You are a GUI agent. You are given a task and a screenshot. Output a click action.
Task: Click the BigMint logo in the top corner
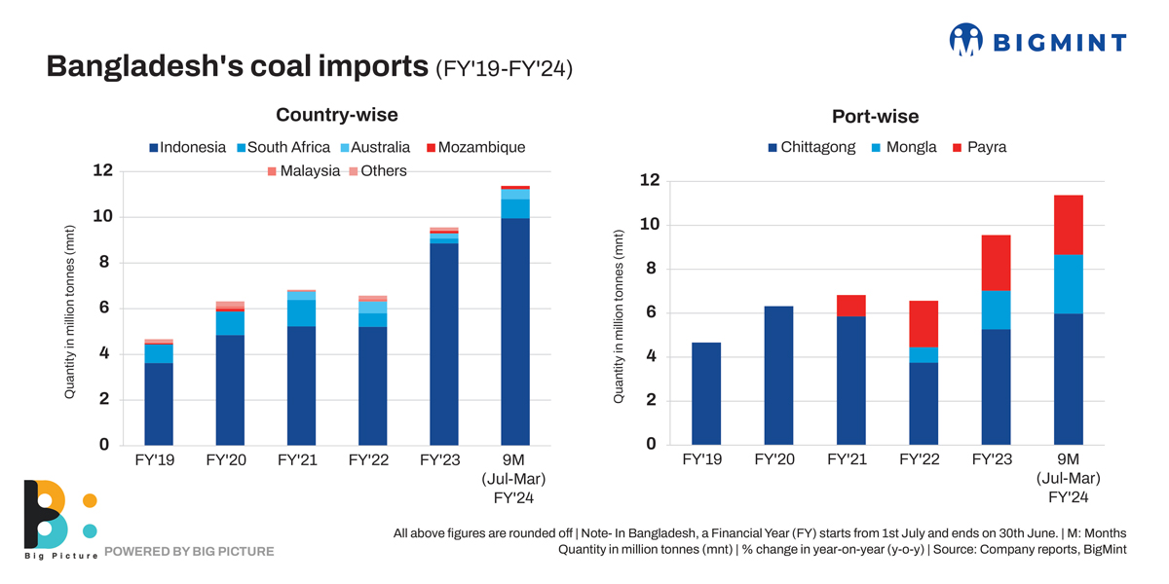click(1037, 41)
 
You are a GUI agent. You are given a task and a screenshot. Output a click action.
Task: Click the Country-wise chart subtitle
click(336, 115)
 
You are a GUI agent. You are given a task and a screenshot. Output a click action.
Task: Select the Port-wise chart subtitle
click(875, 117)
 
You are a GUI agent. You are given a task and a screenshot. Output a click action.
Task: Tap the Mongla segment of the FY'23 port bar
click(996, 310)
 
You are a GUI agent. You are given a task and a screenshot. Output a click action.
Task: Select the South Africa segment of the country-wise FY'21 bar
click(301, 312)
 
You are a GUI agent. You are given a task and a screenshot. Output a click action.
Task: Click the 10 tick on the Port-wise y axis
click(650, 225)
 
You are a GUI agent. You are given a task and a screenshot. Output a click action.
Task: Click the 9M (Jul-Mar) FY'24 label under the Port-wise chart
click(1068, 478)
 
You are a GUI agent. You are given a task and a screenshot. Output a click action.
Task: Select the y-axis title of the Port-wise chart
click(619, 317)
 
